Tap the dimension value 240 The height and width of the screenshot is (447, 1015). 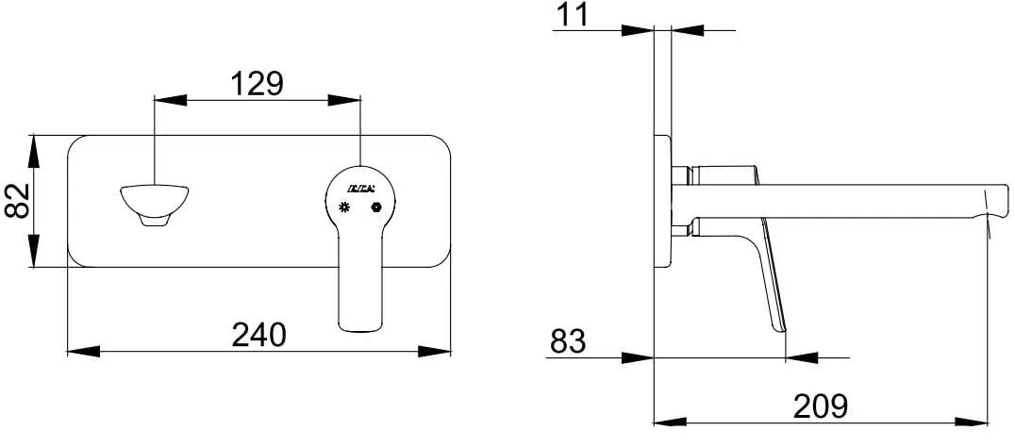(x=259, y=334)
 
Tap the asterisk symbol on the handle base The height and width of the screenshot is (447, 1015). (x=344, y=207)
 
